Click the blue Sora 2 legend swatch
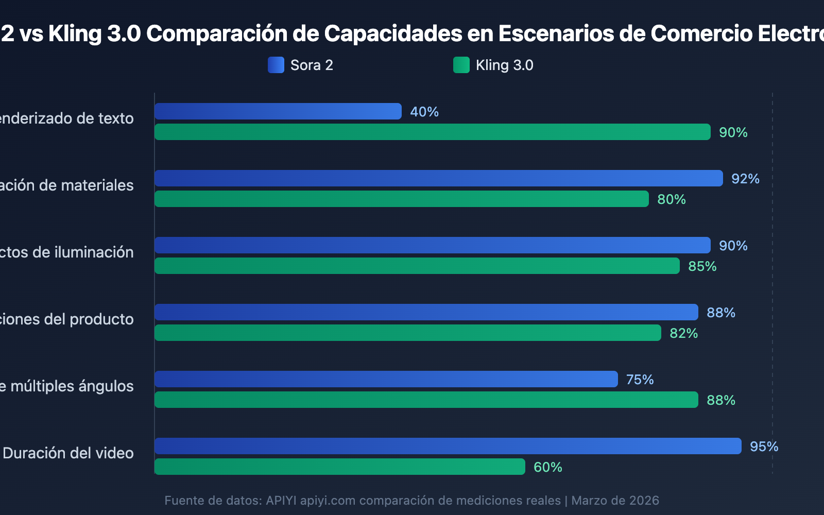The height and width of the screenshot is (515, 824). point(276,65)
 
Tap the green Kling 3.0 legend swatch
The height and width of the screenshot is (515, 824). point(461,65)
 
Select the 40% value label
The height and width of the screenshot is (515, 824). point(424,112)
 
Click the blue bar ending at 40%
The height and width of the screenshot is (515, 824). point(278,111)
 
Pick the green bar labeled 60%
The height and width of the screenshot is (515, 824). point(340,467)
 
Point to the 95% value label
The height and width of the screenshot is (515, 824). point(764,447)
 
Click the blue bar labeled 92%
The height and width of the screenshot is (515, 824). point(438,178)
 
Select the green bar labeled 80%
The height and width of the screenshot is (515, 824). point(402,199)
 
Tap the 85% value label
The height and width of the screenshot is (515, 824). point(702,266)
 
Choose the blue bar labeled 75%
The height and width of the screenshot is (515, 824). point(386,379)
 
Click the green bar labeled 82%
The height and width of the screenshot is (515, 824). point(407,333)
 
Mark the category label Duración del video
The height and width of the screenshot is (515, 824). point(68,453)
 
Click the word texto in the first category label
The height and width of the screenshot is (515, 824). point(116,118)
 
